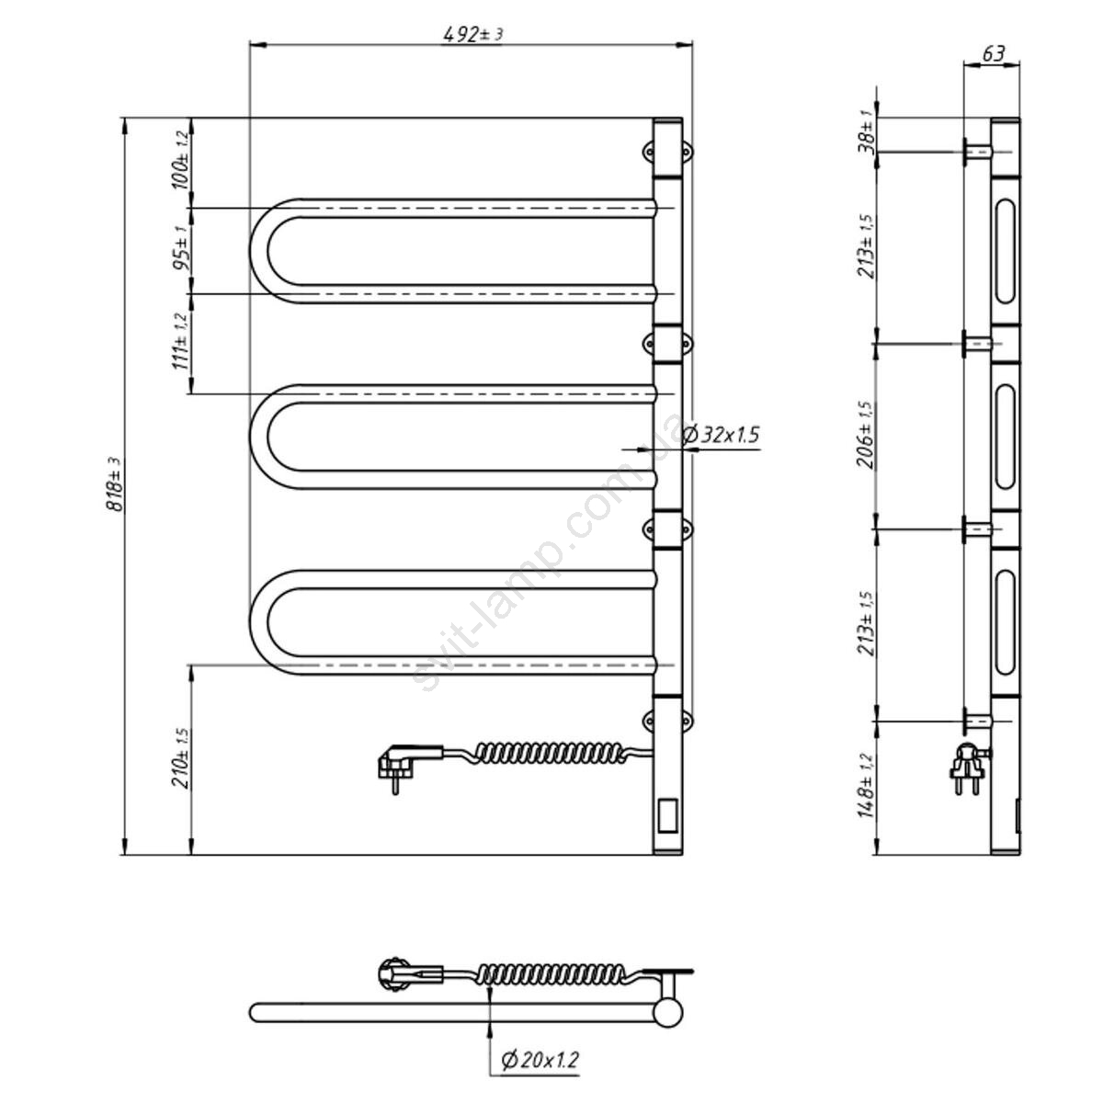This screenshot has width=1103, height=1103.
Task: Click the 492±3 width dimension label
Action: (472, 34)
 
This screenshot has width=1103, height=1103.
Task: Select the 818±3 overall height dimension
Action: (114, 484)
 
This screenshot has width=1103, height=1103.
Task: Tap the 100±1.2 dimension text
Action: (180, 160)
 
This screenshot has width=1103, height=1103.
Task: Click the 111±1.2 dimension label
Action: (180, 341)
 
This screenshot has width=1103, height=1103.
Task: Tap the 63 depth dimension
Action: (993, 54)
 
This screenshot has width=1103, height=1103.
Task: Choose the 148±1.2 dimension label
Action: (867, 786)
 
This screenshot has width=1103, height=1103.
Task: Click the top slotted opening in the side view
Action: (1006, 251)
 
